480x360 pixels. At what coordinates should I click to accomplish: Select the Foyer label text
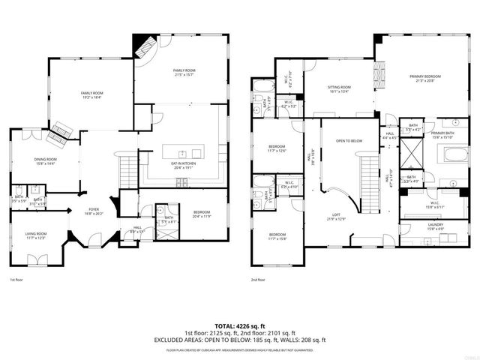pos(94,211)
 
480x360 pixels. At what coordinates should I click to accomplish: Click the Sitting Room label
pos(339,88)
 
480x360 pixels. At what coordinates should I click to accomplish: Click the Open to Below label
pos(349,141)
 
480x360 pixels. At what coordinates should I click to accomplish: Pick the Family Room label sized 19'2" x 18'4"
pos(91,94)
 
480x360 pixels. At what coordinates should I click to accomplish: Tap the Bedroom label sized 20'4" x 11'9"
pos(202,213)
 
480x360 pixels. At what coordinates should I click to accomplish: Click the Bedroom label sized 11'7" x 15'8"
pos(277,237)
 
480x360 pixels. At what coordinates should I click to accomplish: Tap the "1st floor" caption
pos(16,280)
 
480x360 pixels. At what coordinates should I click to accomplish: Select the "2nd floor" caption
pos(259,280)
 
